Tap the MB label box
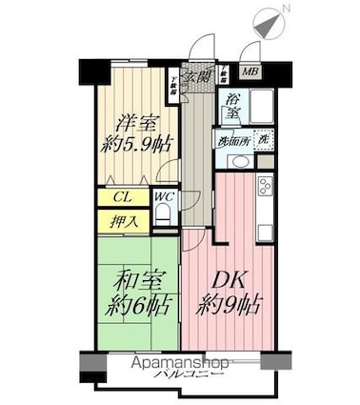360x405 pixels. [248, 71]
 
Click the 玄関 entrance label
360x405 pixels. [197, 76]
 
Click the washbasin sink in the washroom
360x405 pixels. [238, 159]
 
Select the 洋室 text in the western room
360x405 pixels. [135, 124]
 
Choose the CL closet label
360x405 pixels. [121, 198]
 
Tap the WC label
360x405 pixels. [163, 198]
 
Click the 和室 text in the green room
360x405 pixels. [134, 282]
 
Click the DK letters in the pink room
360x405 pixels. [228, 282]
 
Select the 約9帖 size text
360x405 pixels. [228, 307]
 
